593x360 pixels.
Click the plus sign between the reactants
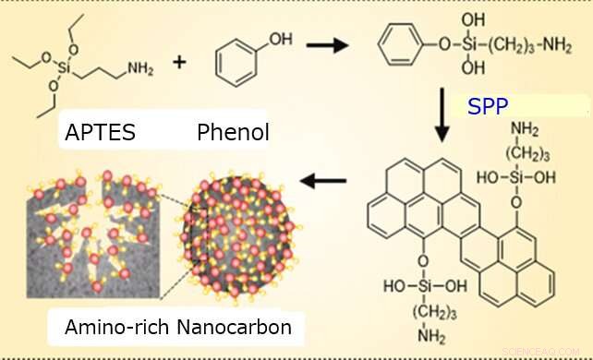(179, 63)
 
